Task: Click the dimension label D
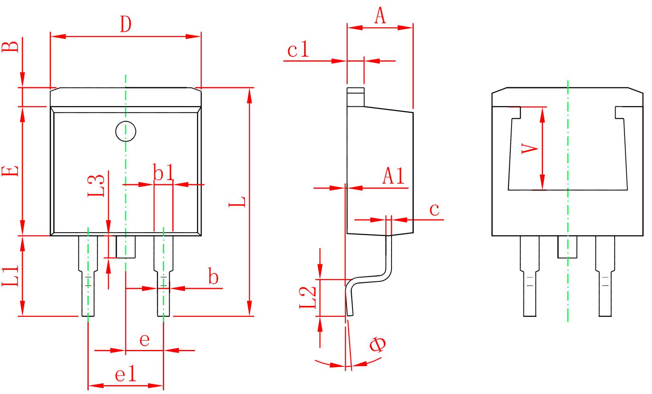[x=125, y=25]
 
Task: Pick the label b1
[x=163, y=174]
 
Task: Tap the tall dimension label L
[x=237, y=202]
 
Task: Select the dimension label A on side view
[x=380, y=17]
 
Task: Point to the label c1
[x=299, y=50]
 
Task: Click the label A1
[x=394, y=176]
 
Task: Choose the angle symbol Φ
[x=377, y=344]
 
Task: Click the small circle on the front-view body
[x=126, y=132]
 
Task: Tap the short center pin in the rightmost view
[x=567, y=247]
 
